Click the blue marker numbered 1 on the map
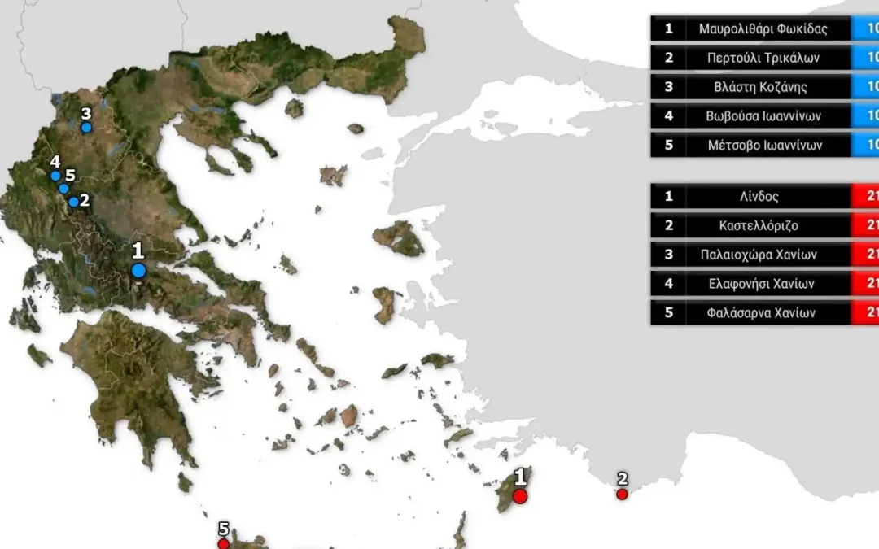pyautogui.click(x=138, y=270)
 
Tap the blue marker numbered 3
pyautogui.click(x=86, y=127)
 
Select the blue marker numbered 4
pyautogui.click(x=55, y=176)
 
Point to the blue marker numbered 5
pyautogui.click(x=63, y=189)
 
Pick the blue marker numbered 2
pyautogui.click(x=74, y=202)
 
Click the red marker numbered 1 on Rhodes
pyautogui.click(x=520, y=495)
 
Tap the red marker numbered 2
pyautogui.click(x=622, y=494)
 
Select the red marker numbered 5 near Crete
pyautogui.click(x=223, y=543)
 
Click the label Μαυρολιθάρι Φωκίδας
pyautogui.click(x=763, y=28)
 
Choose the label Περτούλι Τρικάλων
pyautogui.click(x=763, y=58)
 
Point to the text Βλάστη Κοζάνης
pyautogui.click(x=763, y=87)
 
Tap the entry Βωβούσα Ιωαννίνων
pyautogui.click(x=763, y=116)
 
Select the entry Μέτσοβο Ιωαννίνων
pyautogui.click(x=763, y=146)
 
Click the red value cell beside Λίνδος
pyautogui.click(x=864, y=196)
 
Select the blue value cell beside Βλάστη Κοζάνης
pyautogui.click(x=864, y=87)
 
